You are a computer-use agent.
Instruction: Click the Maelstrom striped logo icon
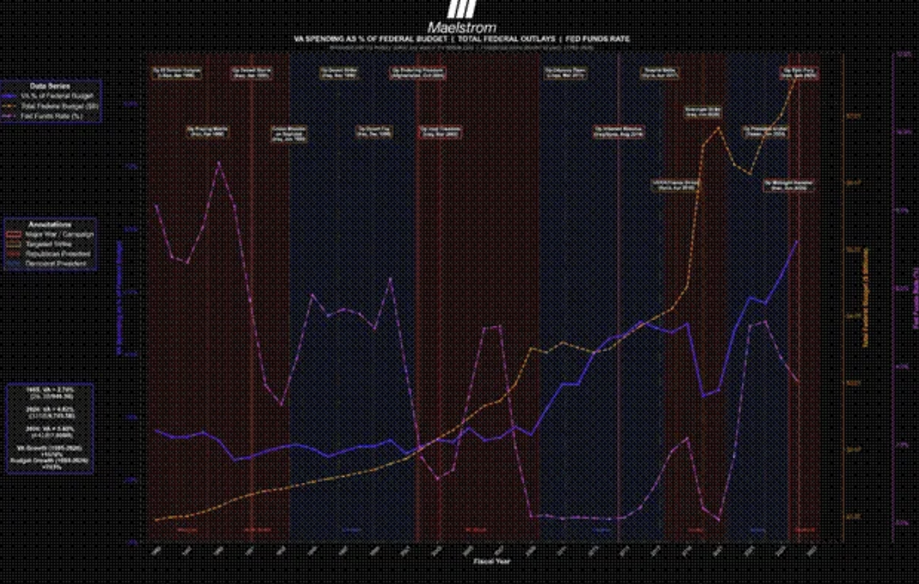coord(461,9)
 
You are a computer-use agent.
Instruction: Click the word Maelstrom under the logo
coord(461,28)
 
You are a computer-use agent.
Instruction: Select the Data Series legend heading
coord(50,86)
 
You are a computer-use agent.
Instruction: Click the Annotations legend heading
coord(50,224)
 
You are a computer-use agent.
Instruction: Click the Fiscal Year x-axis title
coord(491,561)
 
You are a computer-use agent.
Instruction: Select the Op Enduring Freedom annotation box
coord(417,73)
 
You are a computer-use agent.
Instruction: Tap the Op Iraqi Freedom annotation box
coord(440,132)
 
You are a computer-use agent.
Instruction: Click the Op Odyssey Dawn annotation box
coord(565,73)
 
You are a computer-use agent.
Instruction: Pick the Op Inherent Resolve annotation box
coord(618,132)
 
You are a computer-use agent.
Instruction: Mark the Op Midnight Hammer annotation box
coord(789,185)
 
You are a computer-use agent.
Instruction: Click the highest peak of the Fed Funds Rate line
coord(218,162)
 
